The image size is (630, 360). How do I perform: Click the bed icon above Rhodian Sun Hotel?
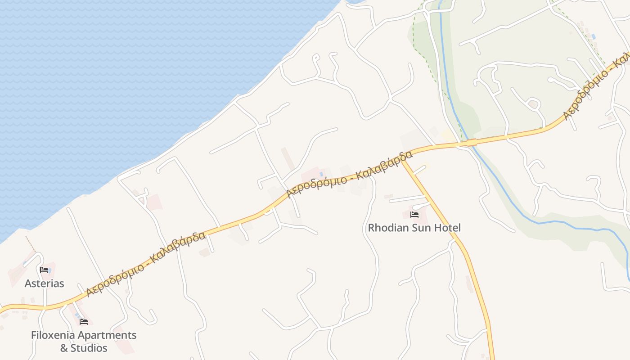click(x=414, y=215)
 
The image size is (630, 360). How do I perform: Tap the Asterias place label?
click(x=44, y=283)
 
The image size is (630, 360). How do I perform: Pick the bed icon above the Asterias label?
click(x=44, y=270)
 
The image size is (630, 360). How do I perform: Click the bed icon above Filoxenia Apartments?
click(x=84, y=321)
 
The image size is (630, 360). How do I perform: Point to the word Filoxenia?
click(x=53, y=335)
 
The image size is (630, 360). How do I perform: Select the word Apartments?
click(x=107, y=335)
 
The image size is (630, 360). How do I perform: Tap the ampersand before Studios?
click(x=64, y=348)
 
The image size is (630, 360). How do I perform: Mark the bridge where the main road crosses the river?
click(x=471, y=143)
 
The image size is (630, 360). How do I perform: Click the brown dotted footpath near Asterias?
click(x=31, y=243)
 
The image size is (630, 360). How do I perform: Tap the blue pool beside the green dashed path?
click(x=594, y=36)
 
